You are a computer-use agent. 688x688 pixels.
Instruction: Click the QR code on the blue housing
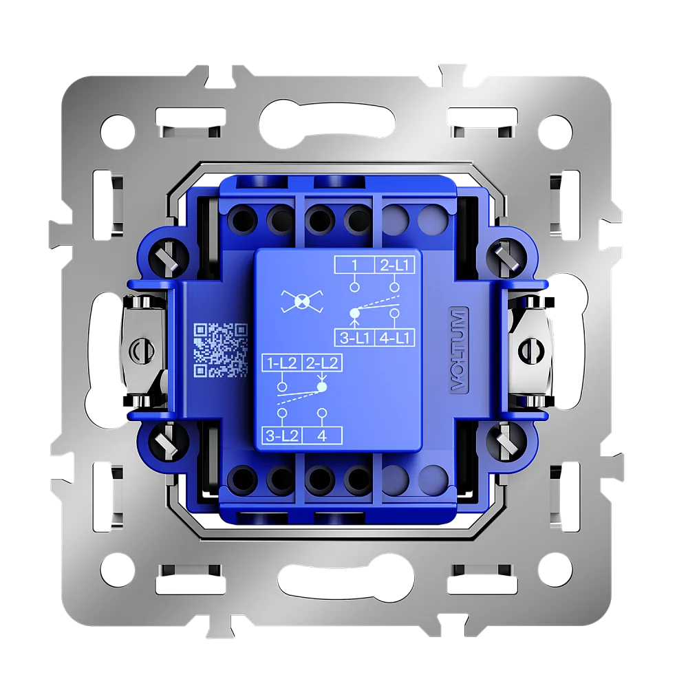[221, 350]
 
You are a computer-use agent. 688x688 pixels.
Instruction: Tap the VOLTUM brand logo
[458, 350]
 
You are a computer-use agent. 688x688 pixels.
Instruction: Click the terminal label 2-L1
[394, 265]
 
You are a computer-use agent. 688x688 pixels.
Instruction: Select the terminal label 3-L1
[354, 338]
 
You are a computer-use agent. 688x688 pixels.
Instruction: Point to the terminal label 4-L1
[394, 338]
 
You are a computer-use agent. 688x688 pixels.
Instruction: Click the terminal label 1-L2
[281, 363]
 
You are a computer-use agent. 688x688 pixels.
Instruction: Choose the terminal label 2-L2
[322, 363]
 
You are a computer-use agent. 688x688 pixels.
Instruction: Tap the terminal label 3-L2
[281, 436]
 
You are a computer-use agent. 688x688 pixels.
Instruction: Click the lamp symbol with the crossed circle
[302, 301]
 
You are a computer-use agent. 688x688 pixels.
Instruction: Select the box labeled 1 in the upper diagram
[354, 265]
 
